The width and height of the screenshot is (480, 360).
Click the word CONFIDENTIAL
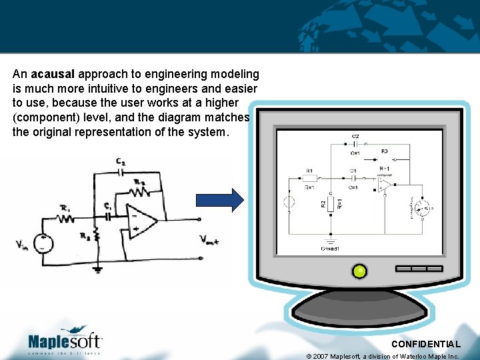coord(425,344)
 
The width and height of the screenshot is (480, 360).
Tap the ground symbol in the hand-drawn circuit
coord(98,269)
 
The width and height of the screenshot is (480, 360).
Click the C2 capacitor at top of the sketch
coord(120,170)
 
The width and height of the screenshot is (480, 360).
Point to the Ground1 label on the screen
coord(330,249)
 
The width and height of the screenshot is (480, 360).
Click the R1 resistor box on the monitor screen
coord(310,179)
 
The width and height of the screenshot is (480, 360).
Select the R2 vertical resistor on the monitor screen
coord(330,203)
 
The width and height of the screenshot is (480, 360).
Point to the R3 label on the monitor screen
coord(385,151)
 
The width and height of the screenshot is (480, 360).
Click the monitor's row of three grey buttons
coord(418,269)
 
